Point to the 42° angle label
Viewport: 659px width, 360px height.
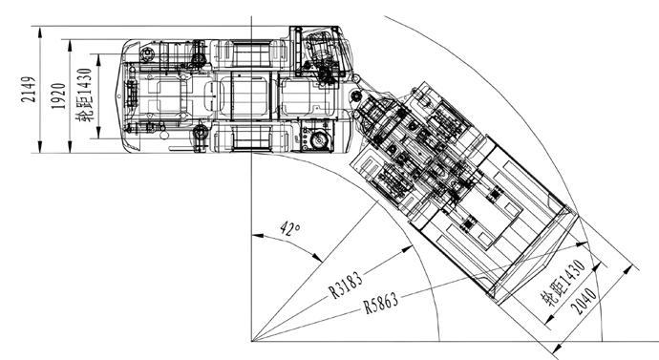(x=289, y=229)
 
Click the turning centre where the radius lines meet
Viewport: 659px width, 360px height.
(x=251, y=340)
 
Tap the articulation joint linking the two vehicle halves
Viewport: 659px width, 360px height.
(x=355, y=102)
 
